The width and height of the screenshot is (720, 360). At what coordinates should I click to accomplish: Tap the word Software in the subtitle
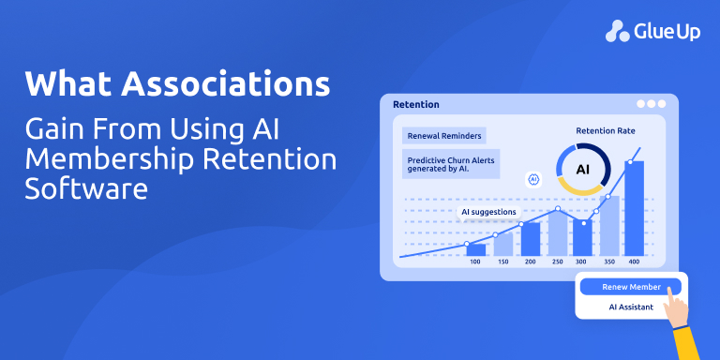pos(87,188)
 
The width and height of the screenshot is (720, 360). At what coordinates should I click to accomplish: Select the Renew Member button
pos(632,287)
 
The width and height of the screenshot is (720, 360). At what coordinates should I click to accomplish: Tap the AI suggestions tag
pos(488,212)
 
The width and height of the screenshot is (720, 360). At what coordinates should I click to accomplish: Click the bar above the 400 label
pos(635,206)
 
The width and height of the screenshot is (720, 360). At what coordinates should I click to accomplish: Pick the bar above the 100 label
pos(475,249)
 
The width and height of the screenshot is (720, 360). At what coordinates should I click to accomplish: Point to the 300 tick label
pos(582,262)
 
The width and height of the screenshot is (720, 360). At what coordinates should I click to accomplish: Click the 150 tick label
pos(502,262)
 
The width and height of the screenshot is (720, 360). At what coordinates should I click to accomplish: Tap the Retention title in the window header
pos(416,104)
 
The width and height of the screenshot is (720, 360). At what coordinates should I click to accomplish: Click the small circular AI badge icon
pos(534,178)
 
